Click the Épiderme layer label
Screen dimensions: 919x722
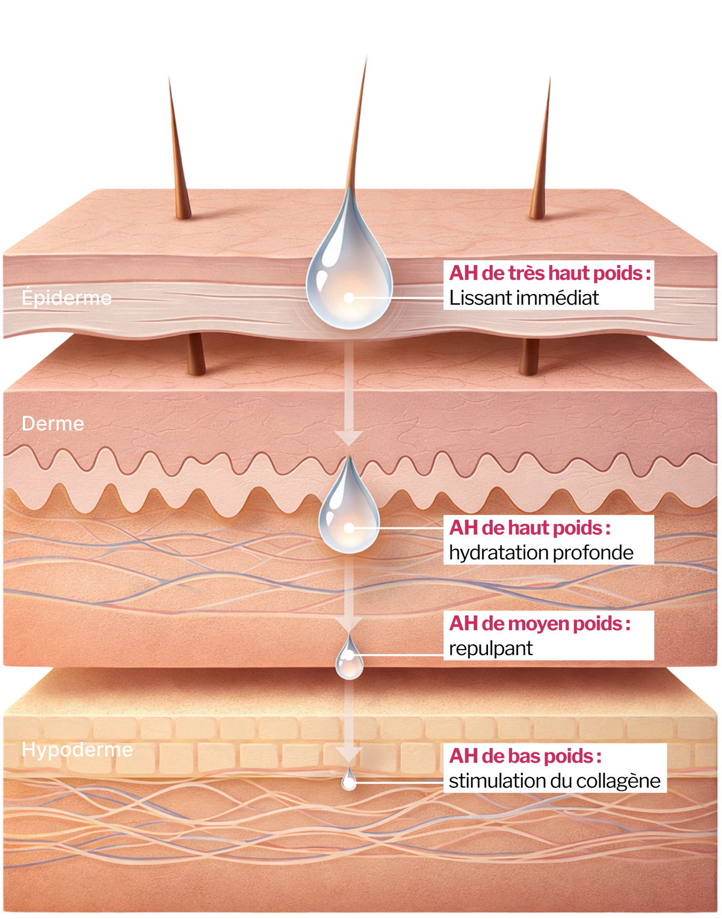pyautogui.click(x=66, y=298)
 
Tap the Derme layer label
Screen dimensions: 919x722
pyautogui.click(x=53, y=423)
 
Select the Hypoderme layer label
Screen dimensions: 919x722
pyautogui.click(x=77, y=749)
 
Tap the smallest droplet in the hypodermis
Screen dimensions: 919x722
pyautogui.click(x=349, y=780)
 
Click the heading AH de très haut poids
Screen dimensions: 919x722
pyautogui.click(x=549, y=273)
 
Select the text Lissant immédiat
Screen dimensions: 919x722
pyautogui.click(x=523, y=298)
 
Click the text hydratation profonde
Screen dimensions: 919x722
pyautogui.click(x=541, y=552)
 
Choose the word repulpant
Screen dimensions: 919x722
pyautogui.click(x=490, y=648)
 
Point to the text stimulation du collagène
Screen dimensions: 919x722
pyautogui.click(x=554, y=781)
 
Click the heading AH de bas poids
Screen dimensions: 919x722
pyautogui.click(x=525, y=756)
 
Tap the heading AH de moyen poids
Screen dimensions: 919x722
pyautogui.click(x=539, y=624)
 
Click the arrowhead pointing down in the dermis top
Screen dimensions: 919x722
pyautogui.click(x=349, y=437)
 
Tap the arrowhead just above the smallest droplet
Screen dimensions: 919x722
pyautogui.click(x=349, y=754)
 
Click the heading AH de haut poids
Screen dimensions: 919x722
pyautogui.click(x=529, y=527)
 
